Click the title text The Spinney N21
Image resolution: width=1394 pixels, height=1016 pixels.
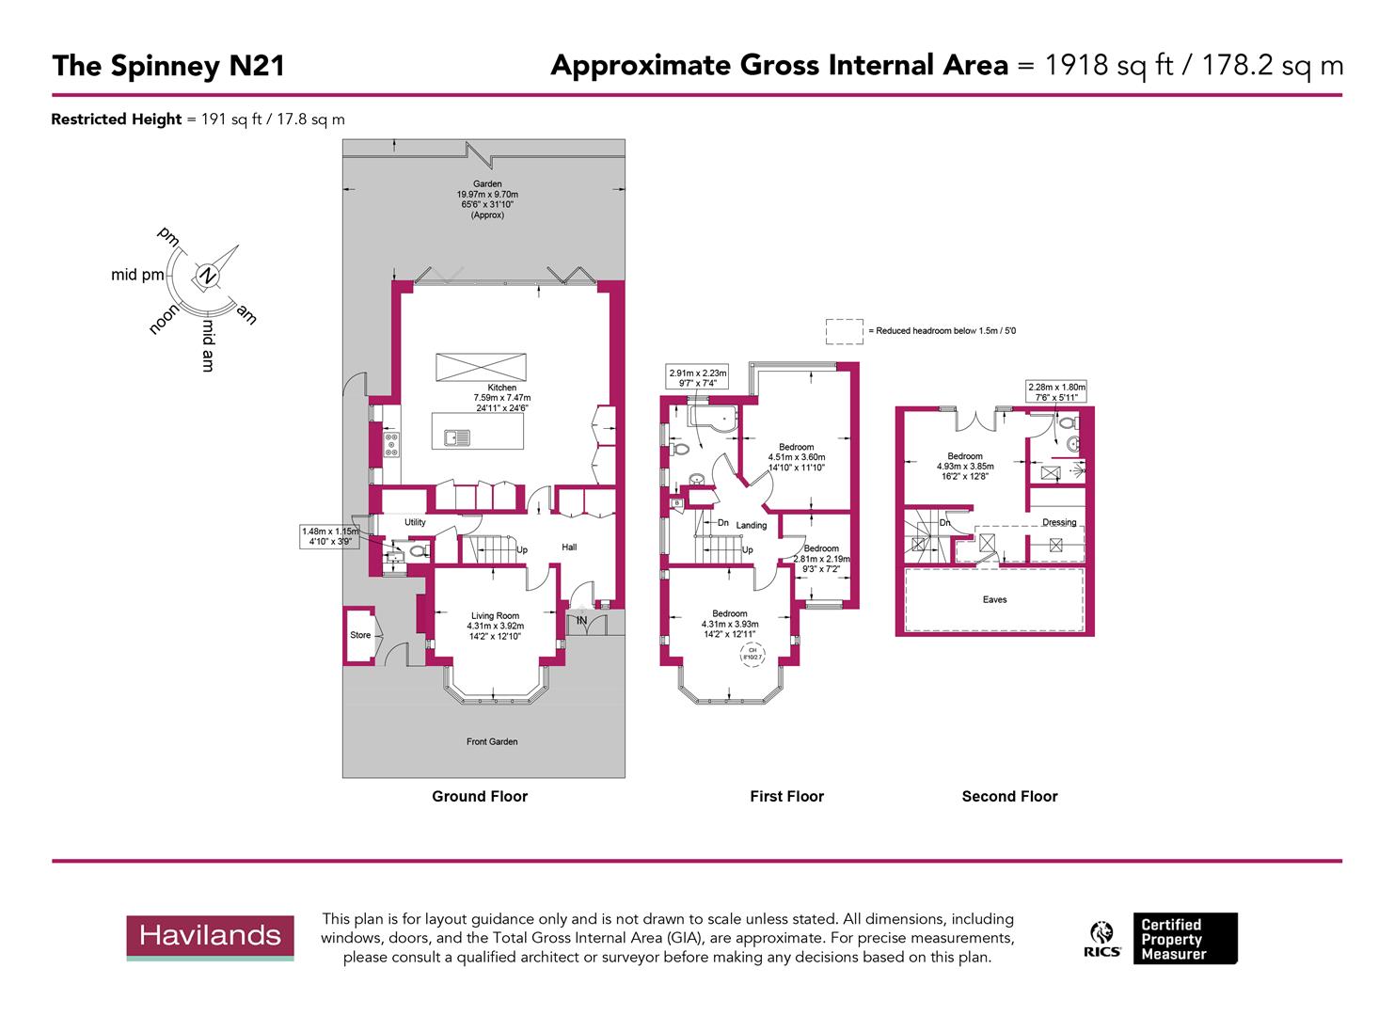(x=167, y=66)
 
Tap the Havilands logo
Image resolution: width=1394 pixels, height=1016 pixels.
(x=211, y=936)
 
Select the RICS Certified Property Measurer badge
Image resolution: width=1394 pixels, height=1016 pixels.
(x=1163, y=939)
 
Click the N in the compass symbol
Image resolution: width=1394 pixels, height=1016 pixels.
(x=206, y=276)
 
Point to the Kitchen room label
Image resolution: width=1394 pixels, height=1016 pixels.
(x=501, y=388)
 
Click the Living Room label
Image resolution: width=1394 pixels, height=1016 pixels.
(x=495, y=616)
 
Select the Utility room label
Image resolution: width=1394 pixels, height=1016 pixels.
(x=415, y=522)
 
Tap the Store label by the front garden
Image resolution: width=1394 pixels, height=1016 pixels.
(x=360, y=635)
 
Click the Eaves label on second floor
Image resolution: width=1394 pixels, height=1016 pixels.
(x=994, y=599)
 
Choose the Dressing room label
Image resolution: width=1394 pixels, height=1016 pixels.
(x=1059, y=522)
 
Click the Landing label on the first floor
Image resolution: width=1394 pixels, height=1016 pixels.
(x=752, y=525)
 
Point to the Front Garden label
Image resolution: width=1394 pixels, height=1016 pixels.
(x=491, y=741)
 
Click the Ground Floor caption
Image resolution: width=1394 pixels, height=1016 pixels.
(x=480, y=796)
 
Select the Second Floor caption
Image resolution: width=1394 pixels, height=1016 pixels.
(x=1009, y=796)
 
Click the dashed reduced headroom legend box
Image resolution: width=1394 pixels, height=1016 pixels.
(x=844, y=331)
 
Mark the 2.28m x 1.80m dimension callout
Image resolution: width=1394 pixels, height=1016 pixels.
(x=1055, y=391)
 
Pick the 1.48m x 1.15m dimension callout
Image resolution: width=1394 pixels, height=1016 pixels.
(x=329, y=536)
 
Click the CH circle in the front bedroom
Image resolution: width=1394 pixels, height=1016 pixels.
(x=752, y=656)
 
